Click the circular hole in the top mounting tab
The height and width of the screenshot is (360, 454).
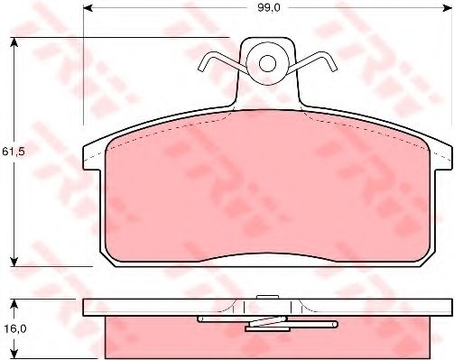pyautogui.click(x=267, y=63)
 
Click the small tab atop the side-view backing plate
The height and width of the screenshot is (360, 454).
pyautogui.click(x=266, y=297)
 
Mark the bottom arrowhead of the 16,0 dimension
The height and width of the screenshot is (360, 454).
pyautogui.click(x=16, y=356)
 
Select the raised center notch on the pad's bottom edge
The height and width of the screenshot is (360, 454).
pyautogui.click(x=267, y=256)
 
